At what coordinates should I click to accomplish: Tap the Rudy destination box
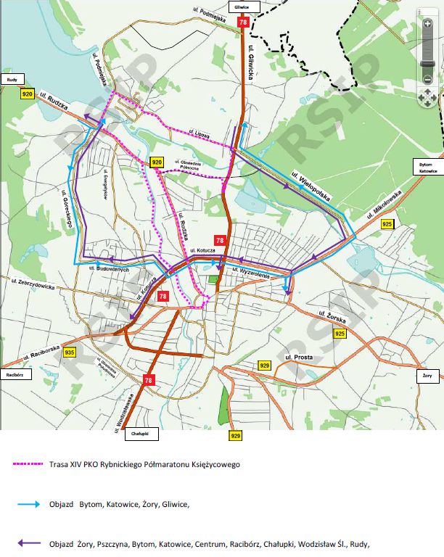click(x=12, y=79)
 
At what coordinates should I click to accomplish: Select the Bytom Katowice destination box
click(x=427, y=167)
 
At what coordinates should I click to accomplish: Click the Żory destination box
click(x=427, y=376)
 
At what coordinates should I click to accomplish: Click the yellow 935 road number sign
click(x=70, y=352)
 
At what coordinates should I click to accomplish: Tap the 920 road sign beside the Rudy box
click(x=28, y=94)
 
